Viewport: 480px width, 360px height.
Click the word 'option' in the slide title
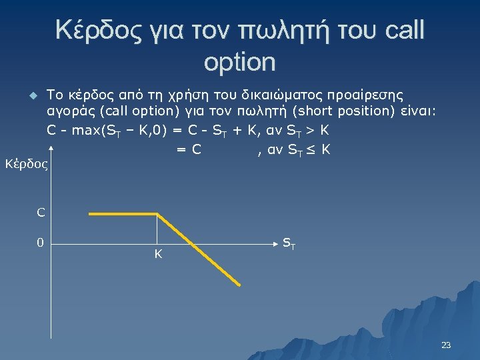[x=239, y=62]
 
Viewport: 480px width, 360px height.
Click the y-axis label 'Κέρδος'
[x=26, y=163]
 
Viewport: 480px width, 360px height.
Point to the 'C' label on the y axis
[x=41, y=213]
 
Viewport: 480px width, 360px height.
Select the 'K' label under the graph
[x=158, y=254]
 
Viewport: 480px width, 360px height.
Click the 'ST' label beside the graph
[x=289, y=243]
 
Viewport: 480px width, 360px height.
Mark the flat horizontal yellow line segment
[x=123, y=214]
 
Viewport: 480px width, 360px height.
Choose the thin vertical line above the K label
[x=157, y=229]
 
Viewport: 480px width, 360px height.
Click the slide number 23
[x=446, y=345]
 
